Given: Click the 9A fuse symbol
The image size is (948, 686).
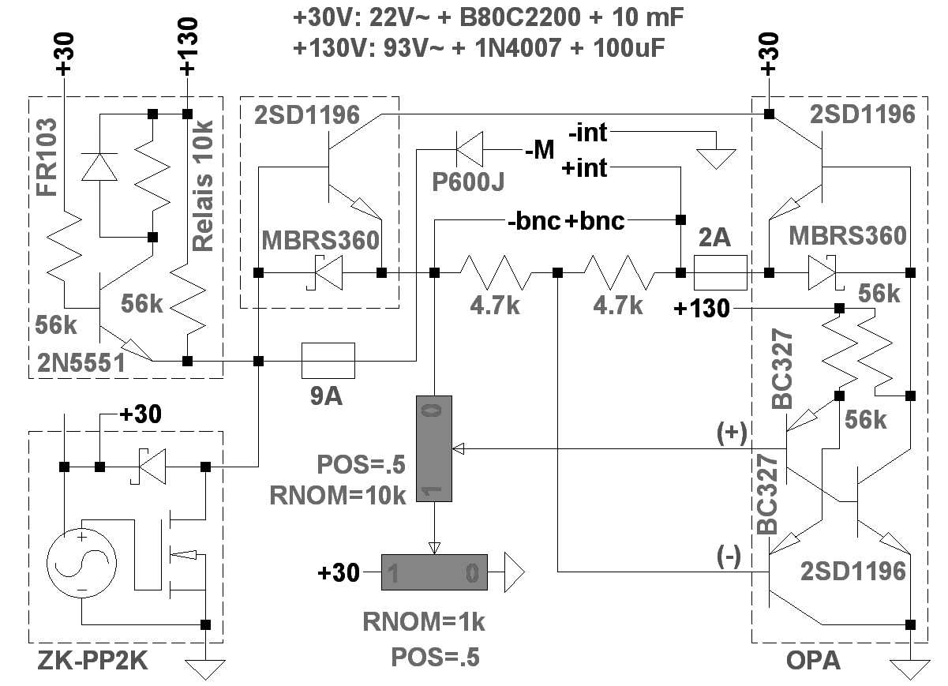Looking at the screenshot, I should point(328,361).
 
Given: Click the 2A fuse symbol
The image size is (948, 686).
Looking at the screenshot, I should point(720,272).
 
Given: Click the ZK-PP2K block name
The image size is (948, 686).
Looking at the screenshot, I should point(93,664).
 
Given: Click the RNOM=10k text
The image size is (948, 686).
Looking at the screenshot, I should point(338,495).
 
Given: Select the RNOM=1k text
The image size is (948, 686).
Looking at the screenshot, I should point(424,622).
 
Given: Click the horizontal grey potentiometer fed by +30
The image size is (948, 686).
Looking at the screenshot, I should point(434,572).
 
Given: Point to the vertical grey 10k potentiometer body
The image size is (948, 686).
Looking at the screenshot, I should point(433,448).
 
